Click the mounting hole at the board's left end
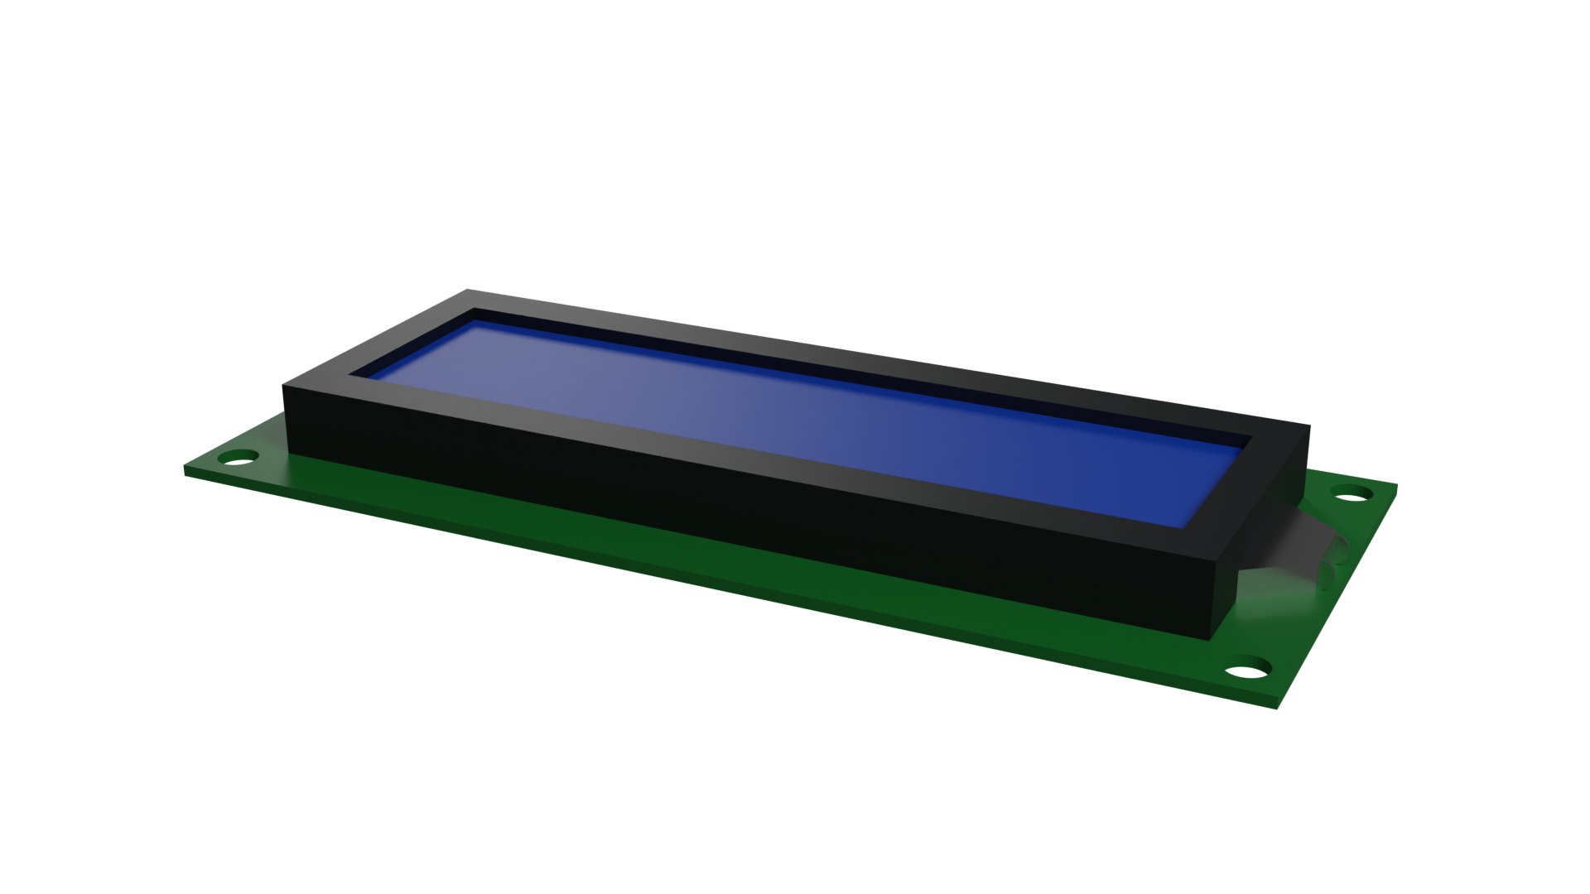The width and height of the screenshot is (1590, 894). pos(241,456)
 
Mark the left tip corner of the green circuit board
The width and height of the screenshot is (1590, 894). pos(185,470)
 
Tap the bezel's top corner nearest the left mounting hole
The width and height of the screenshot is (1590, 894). pos(285,386)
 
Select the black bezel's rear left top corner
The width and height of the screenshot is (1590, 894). pos(468,291)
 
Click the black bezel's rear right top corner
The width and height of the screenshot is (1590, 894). pos(1309,426)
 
